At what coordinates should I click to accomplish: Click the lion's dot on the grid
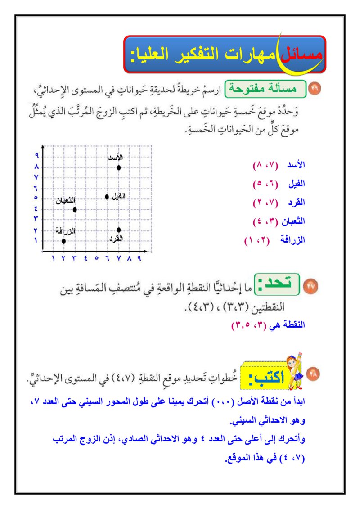pos(119,167)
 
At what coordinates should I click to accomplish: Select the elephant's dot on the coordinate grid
pos(107,197)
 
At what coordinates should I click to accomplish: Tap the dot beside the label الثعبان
pos(75,209)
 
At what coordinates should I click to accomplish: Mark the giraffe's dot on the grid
pos(64,241)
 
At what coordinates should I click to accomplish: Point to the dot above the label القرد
pos(119,230)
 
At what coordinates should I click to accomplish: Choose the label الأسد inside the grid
pos(116,158)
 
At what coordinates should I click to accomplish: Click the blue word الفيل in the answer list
pos(296,184)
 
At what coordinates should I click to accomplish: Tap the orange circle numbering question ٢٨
pos(314,374)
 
